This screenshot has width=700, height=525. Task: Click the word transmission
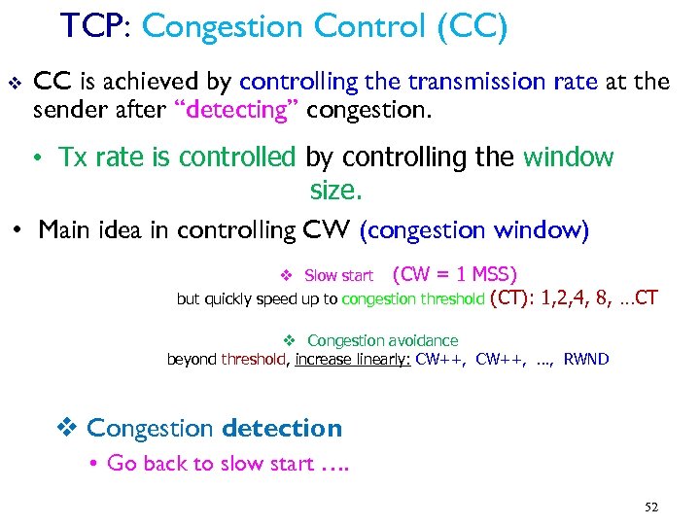[x=479, y=82]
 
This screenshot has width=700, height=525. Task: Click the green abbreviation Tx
[x=73, y=157]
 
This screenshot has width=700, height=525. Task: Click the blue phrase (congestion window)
[x=474, y=230]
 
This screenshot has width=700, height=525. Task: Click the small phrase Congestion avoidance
[x=382, y=340]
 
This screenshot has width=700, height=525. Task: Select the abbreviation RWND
[x=586, y=360]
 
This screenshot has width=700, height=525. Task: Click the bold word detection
[x=282, y=428]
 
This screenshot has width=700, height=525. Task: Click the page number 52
[x=650, y=507]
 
